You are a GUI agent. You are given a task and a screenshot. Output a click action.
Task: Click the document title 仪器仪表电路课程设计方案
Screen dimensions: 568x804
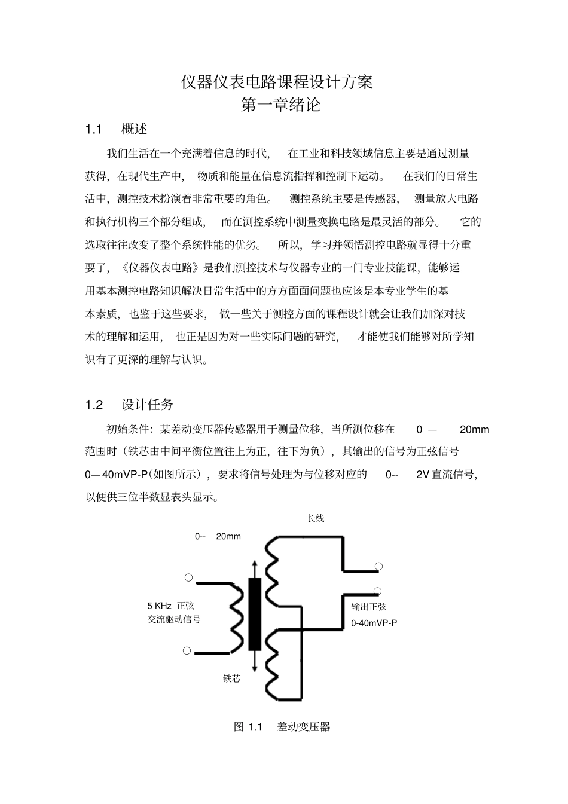point(277,82)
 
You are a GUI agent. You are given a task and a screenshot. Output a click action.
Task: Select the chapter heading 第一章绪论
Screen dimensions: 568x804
point(280,105)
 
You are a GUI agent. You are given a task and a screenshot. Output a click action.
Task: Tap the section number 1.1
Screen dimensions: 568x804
point(94,129)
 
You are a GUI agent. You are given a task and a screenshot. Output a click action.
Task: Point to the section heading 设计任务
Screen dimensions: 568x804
point(148,405)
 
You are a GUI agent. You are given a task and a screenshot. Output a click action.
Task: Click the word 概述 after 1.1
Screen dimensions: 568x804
point(134,129)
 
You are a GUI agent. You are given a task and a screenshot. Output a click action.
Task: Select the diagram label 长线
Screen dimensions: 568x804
point(315,518)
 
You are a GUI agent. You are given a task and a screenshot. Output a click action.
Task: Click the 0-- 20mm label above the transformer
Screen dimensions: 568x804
point(218,536)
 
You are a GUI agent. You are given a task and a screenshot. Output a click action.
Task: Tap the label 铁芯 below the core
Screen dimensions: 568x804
point(231,678)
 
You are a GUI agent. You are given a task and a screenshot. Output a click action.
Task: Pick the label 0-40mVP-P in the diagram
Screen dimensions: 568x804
point(374,623)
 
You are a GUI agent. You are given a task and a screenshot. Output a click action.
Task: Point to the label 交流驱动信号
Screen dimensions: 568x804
point(174,619)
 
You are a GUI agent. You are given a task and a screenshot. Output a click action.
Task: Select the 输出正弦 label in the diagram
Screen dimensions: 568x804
point(369,607)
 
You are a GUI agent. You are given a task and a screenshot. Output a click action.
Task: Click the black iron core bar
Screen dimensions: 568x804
point(255,614)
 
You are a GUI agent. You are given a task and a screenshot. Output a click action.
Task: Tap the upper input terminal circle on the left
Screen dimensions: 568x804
point(188,577)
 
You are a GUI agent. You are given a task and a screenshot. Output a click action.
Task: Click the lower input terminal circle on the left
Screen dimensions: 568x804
point(187,651)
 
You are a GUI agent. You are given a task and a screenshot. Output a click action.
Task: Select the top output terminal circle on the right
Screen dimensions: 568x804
point(378,566)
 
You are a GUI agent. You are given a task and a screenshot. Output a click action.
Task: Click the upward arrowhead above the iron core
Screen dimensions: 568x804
point(255,565)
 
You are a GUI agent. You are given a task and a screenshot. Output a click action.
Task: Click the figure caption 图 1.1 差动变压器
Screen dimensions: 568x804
point(282,727)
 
